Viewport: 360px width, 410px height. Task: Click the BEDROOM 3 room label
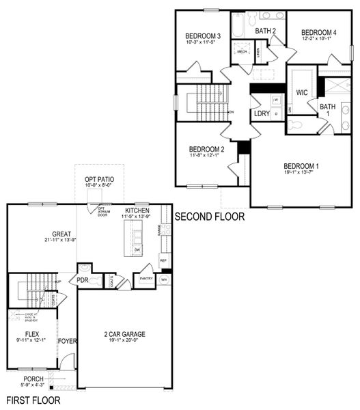pyautogui.click(x=203, y=36)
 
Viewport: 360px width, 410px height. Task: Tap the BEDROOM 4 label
pyautogui.click(x=319, y=32)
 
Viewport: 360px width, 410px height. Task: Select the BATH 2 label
pyautogui.click(x=266, y=31)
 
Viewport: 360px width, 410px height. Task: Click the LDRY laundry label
pyautogui.click(x=262, y=114)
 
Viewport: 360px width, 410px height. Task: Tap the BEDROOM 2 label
pyautogui.click(x=207, y=149)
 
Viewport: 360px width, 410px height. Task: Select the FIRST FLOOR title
pyautogui.click(x=33, y=400)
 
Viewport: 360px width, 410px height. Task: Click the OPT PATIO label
pyautogui.click(x=100, y=178)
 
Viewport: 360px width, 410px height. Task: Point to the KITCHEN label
pyautogui.click(x=137, y=210)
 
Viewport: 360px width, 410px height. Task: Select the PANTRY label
pyautogui.click(x=145, y=278)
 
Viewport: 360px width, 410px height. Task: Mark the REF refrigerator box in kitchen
pyautogui.click(x=163, y=260)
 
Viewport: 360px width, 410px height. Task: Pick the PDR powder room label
pyautogui.click(x=83, y=280)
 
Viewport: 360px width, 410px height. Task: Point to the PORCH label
pyautogui.click(x=33, y=379)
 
